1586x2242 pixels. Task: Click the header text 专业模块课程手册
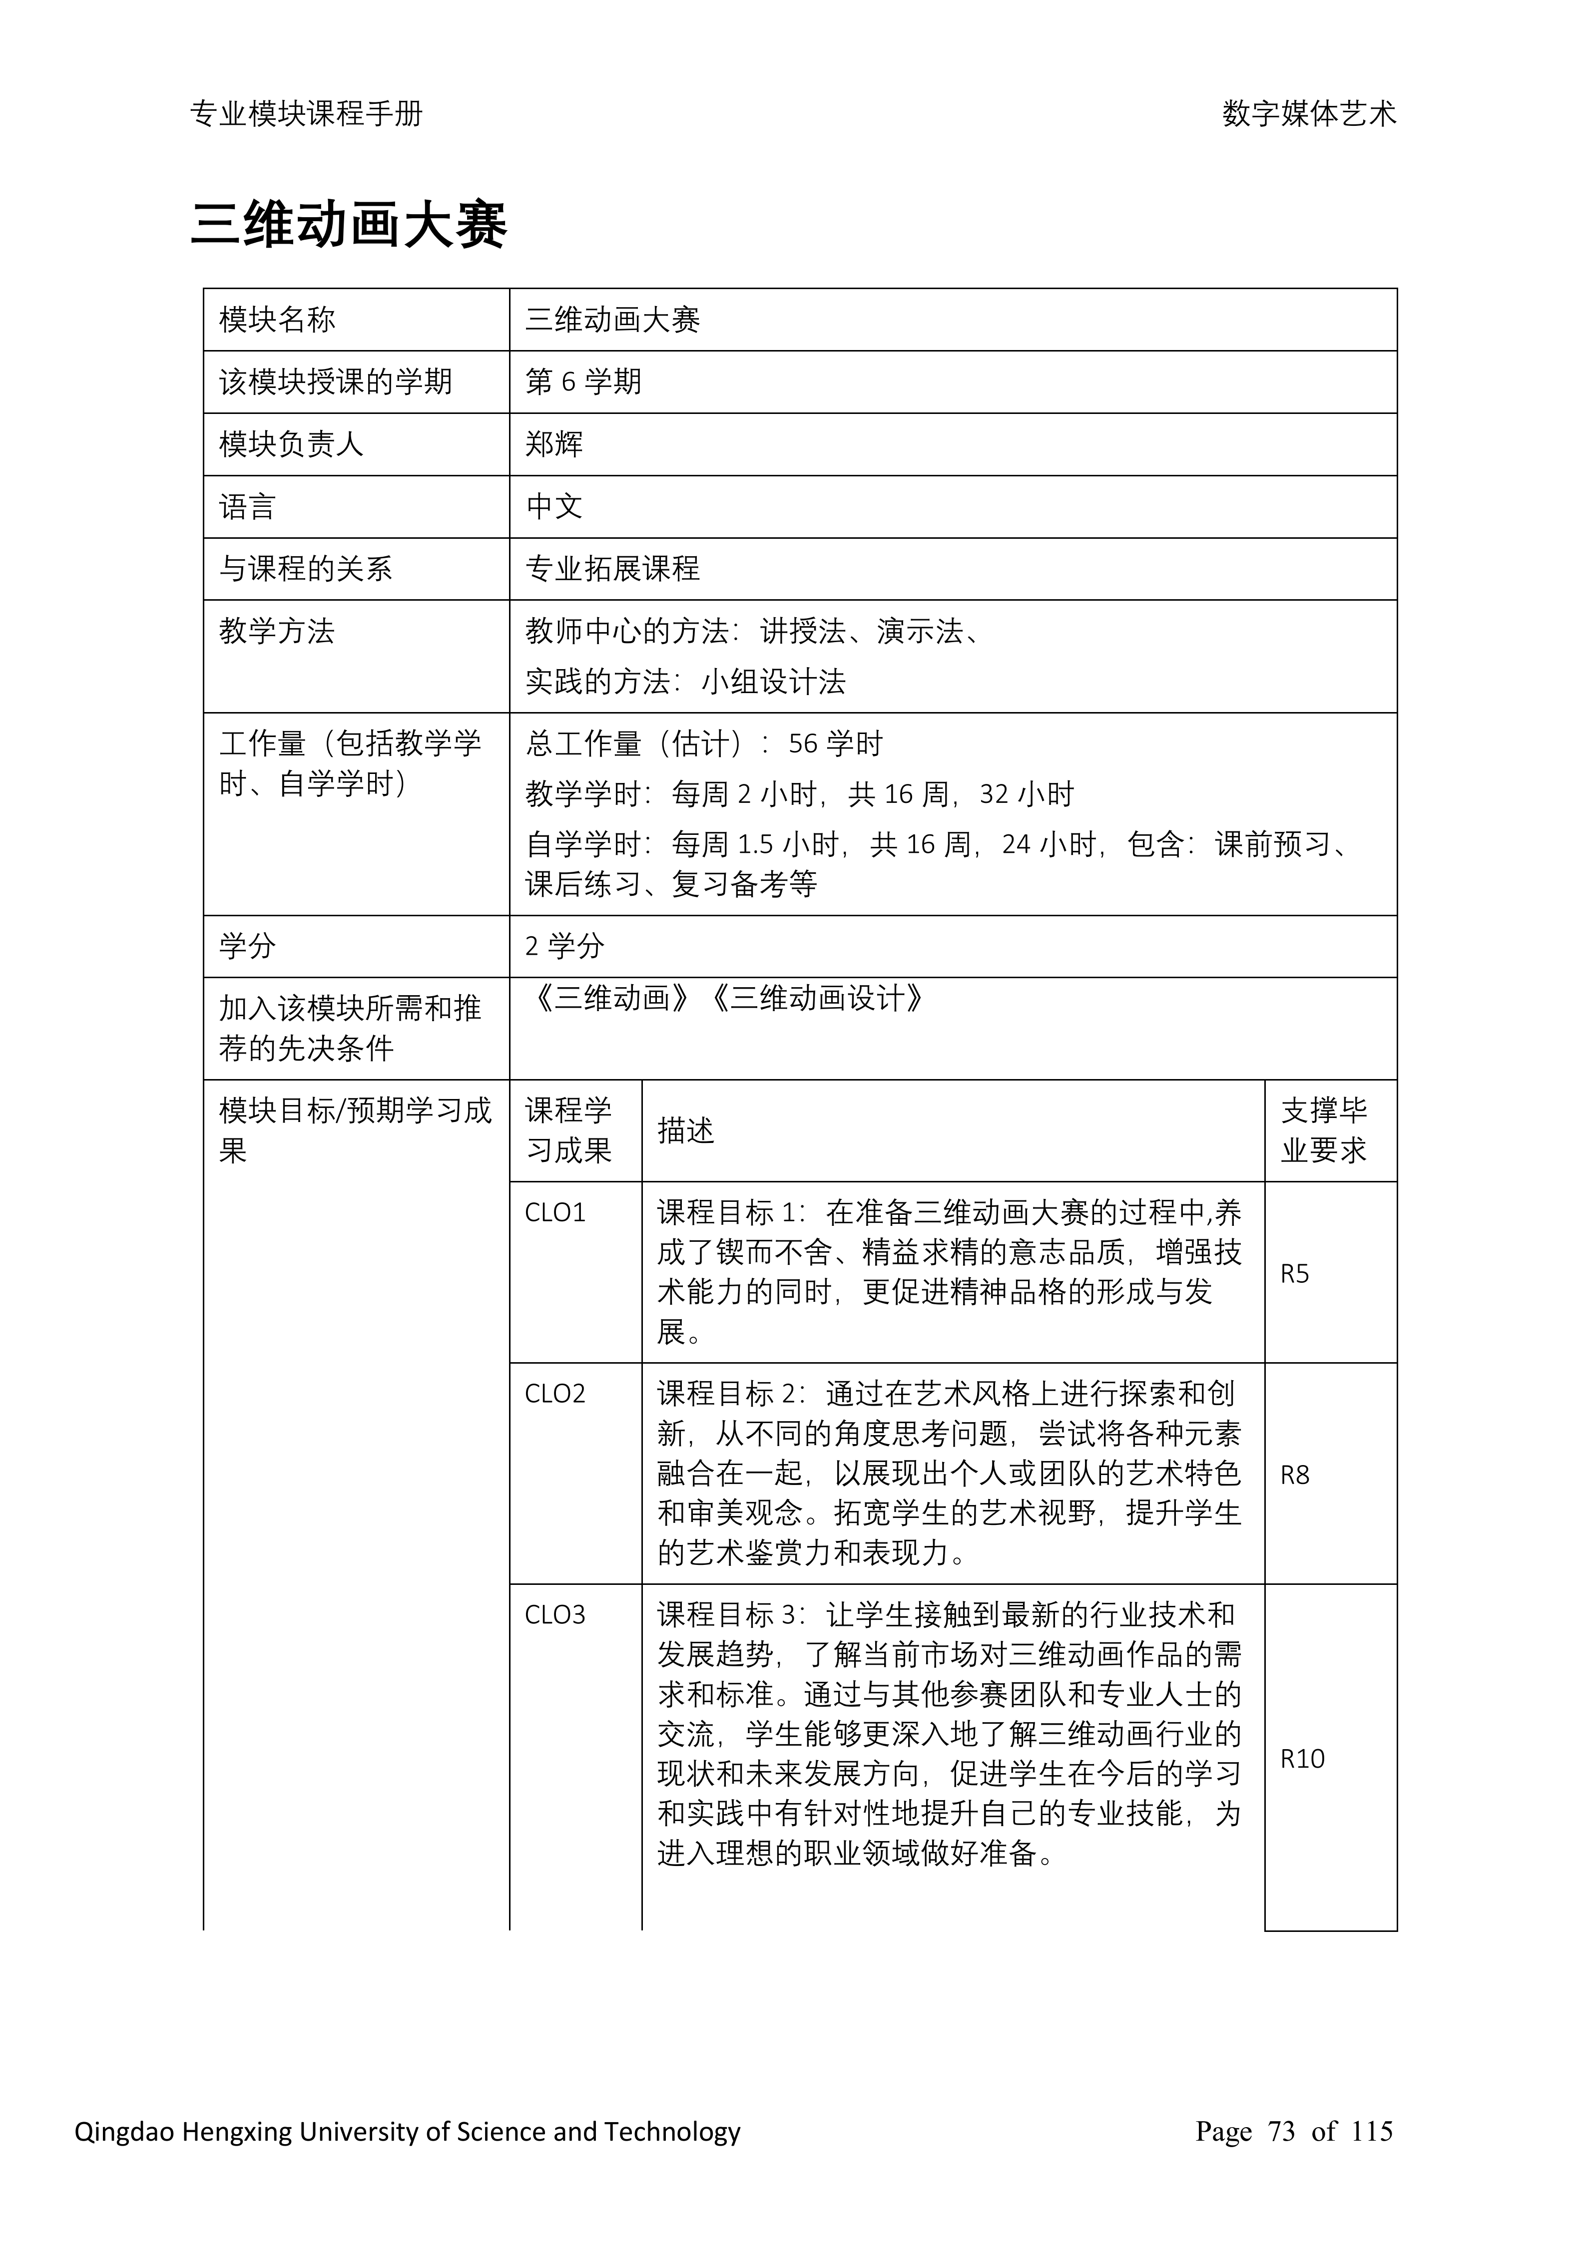pyautogui.click(x=307, y=114)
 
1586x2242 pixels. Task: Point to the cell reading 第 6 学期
pyautogui.click(x=583, y=382)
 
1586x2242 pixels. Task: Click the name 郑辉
pyautogui.click(x=554, y=444)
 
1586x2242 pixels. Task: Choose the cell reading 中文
pyautogui.click(x=554, y=507)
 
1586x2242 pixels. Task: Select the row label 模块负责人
pyautogui.click(x=291, y=444)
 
